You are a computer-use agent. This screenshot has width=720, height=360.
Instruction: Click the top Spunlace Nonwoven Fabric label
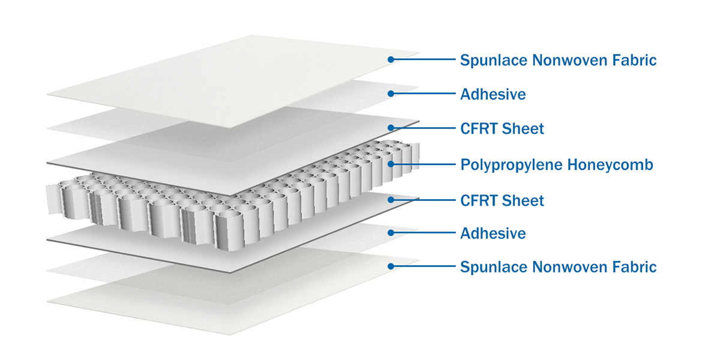tap(559, 61)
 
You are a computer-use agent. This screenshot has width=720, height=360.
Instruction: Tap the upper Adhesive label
tap(493, 95)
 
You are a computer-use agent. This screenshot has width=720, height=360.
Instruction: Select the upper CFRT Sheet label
tap(502, 128)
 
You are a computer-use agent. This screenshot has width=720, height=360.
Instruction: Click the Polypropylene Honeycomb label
tap(557, 165)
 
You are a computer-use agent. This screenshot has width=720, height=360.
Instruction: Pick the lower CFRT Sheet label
tap(502, 200)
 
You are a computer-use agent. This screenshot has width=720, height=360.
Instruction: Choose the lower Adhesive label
tap(493, 233)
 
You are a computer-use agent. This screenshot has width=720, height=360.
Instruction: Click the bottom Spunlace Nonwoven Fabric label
tap(559, 267)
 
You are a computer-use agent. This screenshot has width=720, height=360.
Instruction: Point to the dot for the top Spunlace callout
tap(391, 59)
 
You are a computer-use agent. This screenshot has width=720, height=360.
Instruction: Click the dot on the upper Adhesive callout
tap(391, 94)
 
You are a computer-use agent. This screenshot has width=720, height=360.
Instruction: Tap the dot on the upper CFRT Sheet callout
tap(391, 128)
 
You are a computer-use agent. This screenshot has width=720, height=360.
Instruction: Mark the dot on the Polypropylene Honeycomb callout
tap(391, 164)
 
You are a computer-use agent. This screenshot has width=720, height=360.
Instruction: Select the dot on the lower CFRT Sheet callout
tap(391, 200)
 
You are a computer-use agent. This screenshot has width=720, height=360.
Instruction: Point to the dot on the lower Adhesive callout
tap(391, 233)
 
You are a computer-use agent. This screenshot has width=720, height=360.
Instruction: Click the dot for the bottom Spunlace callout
tap(391, 266)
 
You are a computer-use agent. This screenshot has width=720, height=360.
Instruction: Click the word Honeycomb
tap(610, 165)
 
